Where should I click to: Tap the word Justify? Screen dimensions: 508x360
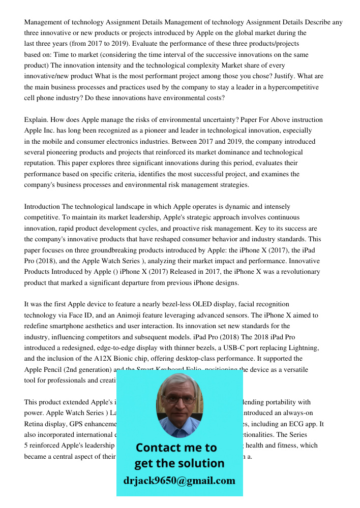point(278,76)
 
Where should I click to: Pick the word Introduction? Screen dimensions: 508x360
point(42,207)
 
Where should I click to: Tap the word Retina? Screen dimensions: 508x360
point(35,424)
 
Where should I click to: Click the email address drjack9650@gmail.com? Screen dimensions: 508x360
point(179,481)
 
